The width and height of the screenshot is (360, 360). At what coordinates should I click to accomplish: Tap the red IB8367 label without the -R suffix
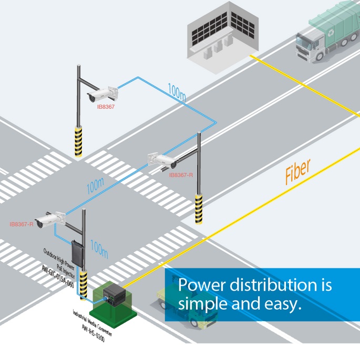tap(106, 107)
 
